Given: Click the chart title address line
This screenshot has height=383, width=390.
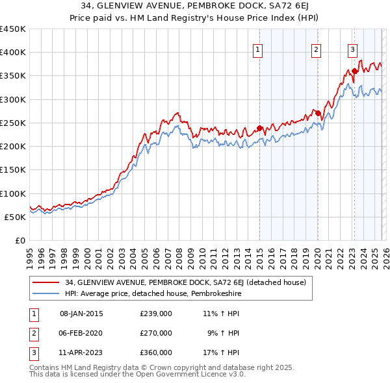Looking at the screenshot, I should tap(195, 6).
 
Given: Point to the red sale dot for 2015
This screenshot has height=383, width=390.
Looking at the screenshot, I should tap(259, 128).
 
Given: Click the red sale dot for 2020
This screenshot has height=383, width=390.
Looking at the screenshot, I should tap(318, 114).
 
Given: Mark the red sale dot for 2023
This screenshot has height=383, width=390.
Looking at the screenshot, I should tap(354, 71).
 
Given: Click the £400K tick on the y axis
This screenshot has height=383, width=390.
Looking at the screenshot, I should tap(13, 53).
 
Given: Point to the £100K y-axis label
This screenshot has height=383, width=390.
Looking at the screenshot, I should tap(13, 193).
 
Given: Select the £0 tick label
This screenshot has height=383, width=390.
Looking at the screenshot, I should tap(20, 240).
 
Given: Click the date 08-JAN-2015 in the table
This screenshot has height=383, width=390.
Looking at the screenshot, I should tap(81, 314).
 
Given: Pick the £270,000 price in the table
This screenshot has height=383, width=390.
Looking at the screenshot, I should tap(156, 332).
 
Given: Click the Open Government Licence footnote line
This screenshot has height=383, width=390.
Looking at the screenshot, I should tap(138, 374).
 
